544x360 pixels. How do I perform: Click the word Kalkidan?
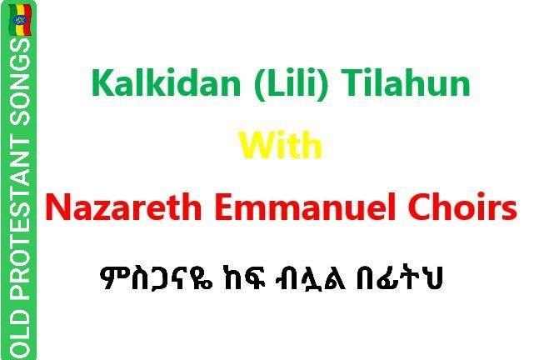pos(166,83)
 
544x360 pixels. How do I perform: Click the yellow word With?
pos(281,146)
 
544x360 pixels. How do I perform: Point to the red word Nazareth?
pos(123,207)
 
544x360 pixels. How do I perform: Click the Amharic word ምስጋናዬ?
pos(156,278)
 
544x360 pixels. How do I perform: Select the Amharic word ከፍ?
pos(244,278)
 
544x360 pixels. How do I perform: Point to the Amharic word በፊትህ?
pos(399,278)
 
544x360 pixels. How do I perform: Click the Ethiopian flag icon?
pos(20,20)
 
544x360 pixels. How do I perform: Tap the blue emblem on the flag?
pos(20,19)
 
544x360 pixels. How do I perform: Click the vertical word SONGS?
pos(20,82)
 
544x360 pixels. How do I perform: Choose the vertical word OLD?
pos(20,334)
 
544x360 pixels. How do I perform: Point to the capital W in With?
pos(257,146)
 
